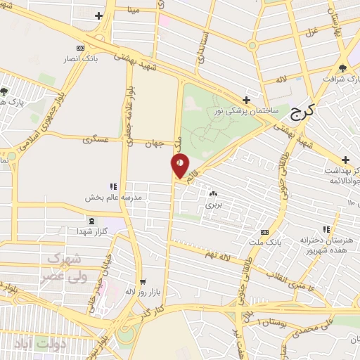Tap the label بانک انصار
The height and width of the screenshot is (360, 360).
click(x=82, y=58)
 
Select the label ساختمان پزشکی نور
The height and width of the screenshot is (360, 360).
click(x=247, y=111)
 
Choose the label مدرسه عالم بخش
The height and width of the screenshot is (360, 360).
click(x=114, y=196)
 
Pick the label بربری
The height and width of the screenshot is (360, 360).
click(x=212, y=205)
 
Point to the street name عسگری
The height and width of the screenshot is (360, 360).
click(x=96, y=141)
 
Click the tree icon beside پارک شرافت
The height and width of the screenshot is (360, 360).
click(x=342, y=68)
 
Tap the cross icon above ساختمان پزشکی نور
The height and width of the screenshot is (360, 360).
click(x=246, y=101)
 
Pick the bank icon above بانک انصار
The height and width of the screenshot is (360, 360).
click(x=82, y=48)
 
